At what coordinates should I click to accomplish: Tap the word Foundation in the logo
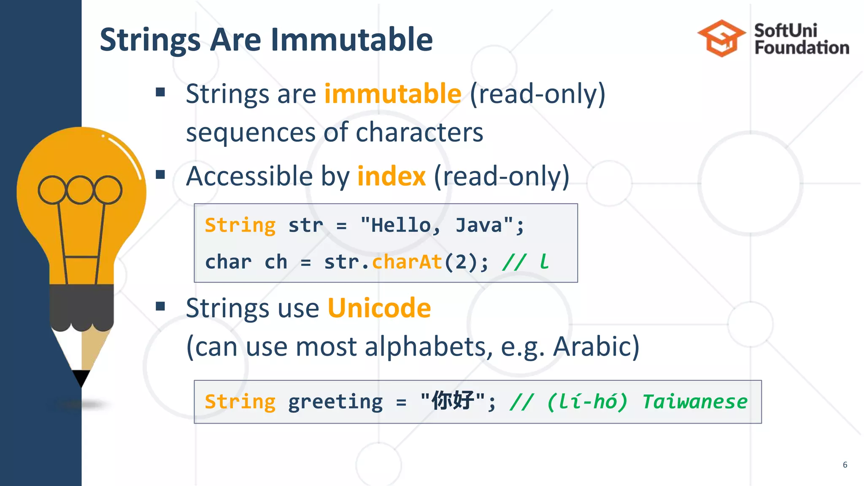[802, 48]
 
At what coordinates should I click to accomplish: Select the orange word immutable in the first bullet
[392, 94]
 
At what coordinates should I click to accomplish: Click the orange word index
[391, 176]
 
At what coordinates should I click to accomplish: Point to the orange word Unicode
[379, 308]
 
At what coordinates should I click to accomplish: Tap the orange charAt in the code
[407, 262]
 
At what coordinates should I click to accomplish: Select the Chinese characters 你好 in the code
[453, 401]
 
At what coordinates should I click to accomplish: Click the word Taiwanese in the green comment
[694, 402]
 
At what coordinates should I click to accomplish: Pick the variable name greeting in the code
[335, 402]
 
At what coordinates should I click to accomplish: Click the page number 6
[845, 464]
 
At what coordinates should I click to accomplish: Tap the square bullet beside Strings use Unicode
[160, 306]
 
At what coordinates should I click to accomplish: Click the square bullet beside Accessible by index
[160, 174]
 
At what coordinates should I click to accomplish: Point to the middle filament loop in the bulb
[80, 190]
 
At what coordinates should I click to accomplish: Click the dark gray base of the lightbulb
[81, 306]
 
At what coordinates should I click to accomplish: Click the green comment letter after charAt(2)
[544, 262]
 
